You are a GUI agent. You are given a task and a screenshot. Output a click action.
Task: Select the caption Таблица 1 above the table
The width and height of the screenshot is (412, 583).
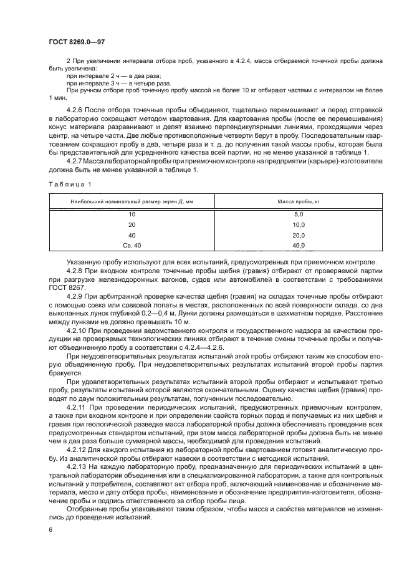[x=69, y=184]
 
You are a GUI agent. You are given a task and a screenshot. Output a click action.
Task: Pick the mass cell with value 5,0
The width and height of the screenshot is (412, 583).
[x=299, y=214]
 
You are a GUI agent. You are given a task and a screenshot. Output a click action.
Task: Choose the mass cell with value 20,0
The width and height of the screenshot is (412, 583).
[x=299, y=235]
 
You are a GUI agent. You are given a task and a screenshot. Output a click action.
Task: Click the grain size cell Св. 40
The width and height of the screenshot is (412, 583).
[x=132, y=246]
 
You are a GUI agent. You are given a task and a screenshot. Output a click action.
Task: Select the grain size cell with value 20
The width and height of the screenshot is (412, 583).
[x=132, y=224]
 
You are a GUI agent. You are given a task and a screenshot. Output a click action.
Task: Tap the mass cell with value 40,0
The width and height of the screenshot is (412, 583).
[x=299, y=246]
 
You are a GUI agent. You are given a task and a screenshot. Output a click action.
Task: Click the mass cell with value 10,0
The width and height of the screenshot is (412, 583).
[x=299, y=224]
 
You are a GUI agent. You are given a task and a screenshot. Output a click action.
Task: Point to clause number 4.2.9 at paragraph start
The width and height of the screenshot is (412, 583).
[x=75, y=296]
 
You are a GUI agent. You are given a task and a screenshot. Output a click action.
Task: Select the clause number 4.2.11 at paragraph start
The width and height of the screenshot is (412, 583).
[x=77, y=407]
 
